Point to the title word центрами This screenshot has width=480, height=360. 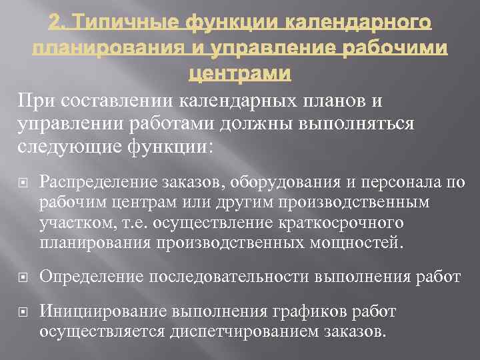tap(240, 74)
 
